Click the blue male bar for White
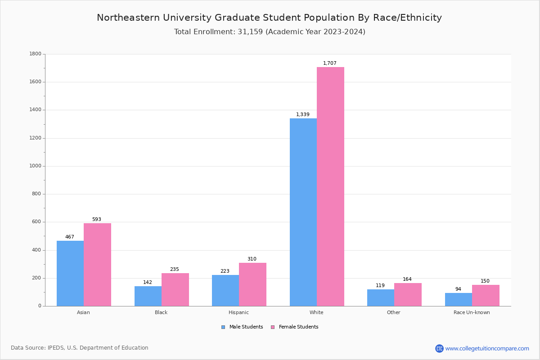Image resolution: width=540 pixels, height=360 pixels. click(x=303, y=212)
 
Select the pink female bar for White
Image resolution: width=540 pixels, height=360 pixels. click(x=330, y=186)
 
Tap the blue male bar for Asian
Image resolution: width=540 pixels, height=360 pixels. click(x=70, y=273)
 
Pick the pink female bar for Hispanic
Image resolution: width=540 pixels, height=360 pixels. click(x=252, y=284)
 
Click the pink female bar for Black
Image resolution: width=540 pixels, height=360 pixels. click(x=175, y=289)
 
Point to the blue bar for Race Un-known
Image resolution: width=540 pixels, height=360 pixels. click(x=459, y=299)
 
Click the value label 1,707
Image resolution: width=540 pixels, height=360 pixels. click(x=330, y=63)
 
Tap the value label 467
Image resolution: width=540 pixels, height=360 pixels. click(x=70, y=237)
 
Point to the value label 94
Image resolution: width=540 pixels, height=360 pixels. click(x=458, y=289)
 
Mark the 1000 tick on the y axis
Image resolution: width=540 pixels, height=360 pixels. click(x=36, y=166)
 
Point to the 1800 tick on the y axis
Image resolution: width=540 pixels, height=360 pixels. click(x=36, y=54)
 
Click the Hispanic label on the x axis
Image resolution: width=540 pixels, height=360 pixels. click(x=238, y=312)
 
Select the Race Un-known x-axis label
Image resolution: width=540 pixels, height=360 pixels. click(x=472, y=312)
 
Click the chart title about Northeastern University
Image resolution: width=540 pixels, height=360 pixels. click(x=269, y=18)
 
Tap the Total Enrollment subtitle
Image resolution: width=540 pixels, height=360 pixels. click(x=270, y=32)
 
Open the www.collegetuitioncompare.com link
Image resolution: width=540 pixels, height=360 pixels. click(x=487, y=348)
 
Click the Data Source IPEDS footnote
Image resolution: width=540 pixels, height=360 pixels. click(x=80, y=348)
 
